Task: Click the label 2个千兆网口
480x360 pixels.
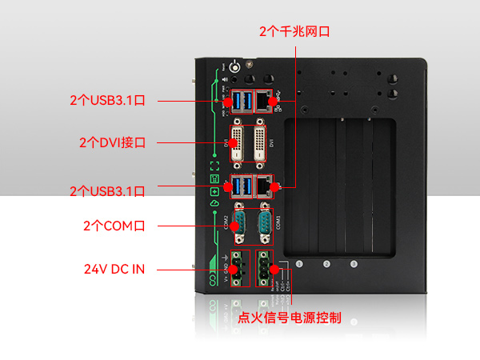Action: [x=295, y=32]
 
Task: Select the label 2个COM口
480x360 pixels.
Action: [x=114, y=226]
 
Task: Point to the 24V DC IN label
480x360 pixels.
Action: [x=114, y=269]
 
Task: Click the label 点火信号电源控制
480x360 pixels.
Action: [x=290, y=318]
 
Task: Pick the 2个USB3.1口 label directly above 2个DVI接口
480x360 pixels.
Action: [x=107, y=101]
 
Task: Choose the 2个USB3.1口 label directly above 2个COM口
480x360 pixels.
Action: [x=107, y=191]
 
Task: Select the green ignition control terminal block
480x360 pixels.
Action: [x=265, y=268]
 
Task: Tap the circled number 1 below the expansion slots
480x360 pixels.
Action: [x=300, y=263]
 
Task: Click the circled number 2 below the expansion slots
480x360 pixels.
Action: [x=326, y=263]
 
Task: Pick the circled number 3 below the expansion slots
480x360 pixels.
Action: [x=354, y=263]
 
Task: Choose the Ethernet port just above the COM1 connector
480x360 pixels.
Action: [x=264, y=186]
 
